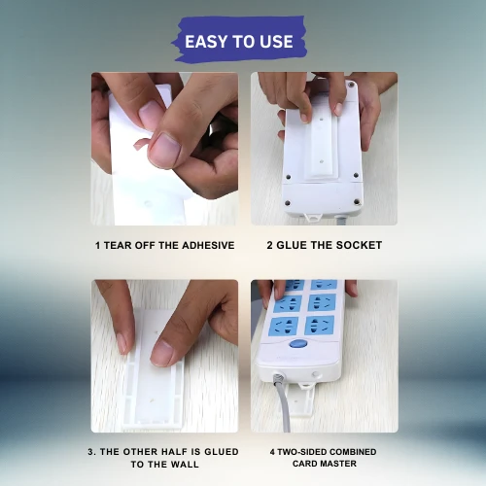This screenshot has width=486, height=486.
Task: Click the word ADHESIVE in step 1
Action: click(208, 245)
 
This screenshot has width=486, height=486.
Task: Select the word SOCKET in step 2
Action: click(359, 245)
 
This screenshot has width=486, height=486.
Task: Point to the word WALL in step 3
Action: click(185, 465)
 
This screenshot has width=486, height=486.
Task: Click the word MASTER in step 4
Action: click(339, 464)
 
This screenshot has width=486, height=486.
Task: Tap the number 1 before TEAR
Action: click(97, 246)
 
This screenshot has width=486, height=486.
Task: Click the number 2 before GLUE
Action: click(270, 245)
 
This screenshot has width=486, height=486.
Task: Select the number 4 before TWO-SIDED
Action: click(272, 452)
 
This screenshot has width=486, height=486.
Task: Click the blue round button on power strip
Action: click(298, 344)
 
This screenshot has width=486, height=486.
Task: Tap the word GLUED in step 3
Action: click(222, 452)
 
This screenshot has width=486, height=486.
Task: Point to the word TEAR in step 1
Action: click(118, 245)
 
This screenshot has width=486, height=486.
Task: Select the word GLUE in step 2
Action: click(292, 245)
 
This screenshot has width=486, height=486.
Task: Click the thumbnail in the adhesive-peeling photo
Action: click(164, 151)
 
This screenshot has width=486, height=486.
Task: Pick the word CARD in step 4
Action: click(305, 464)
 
